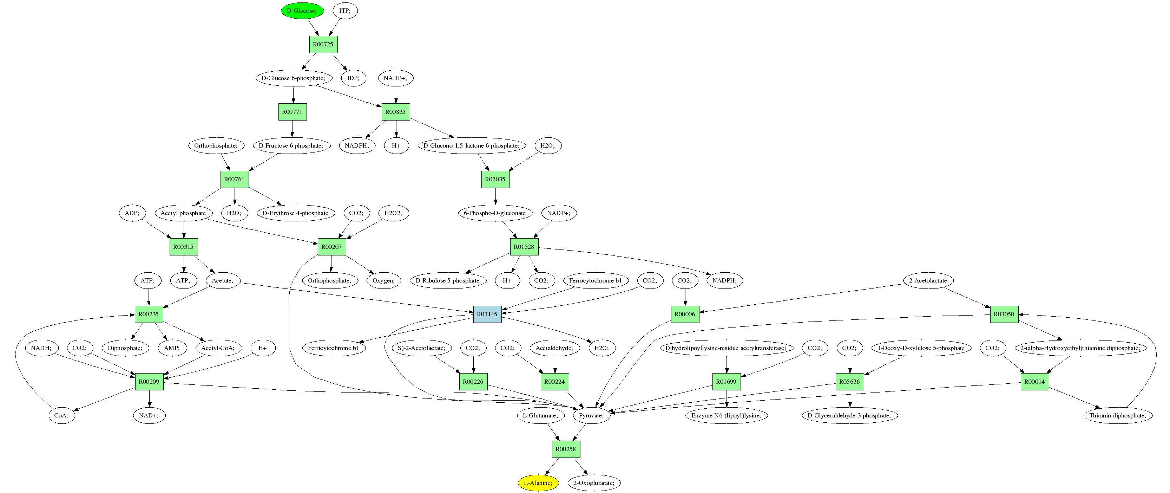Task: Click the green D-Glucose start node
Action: pyautogui.click(x=302, y=11)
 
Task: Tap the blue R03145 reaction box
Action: pyautogui.click(x=487, y=314)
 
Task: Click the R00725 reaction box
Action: pyautogui.click(x=323, y=44)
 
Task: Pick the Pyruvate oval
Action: pyautogui.click(x=591, y=415)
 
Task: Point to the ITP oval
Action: pyautogui.click(x=345, y=11)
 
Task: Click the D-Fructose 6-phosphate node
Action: pyautogui.click(x=291, y=145)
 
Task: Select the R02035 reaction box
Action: pyautogui.click(x=495, y=179)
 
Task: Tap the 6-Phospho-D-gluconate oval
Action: pyautogui.click(x=495, y=213)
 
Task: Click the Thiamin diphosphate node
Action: pyautogui.click(x=1117, y=415)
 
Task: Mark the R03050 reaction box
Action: pyautogui.click(x=1004, y=314)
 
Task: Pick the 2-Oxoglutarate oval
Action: pyautogui.click(x=594, y=482)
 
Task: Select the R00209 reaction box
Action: pyautogui.click(x=149, y=382)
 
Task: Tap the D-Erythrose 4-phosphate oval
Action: pyautogui.click(x=296, y=213)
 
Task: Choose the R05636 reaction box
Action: pyautogui.click(x=849, y=382)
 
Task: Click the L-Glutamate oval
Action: pyautogui.click(x=540, y=415)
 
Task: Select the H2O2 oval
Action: pyautogui.click(x=393, y=213)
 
